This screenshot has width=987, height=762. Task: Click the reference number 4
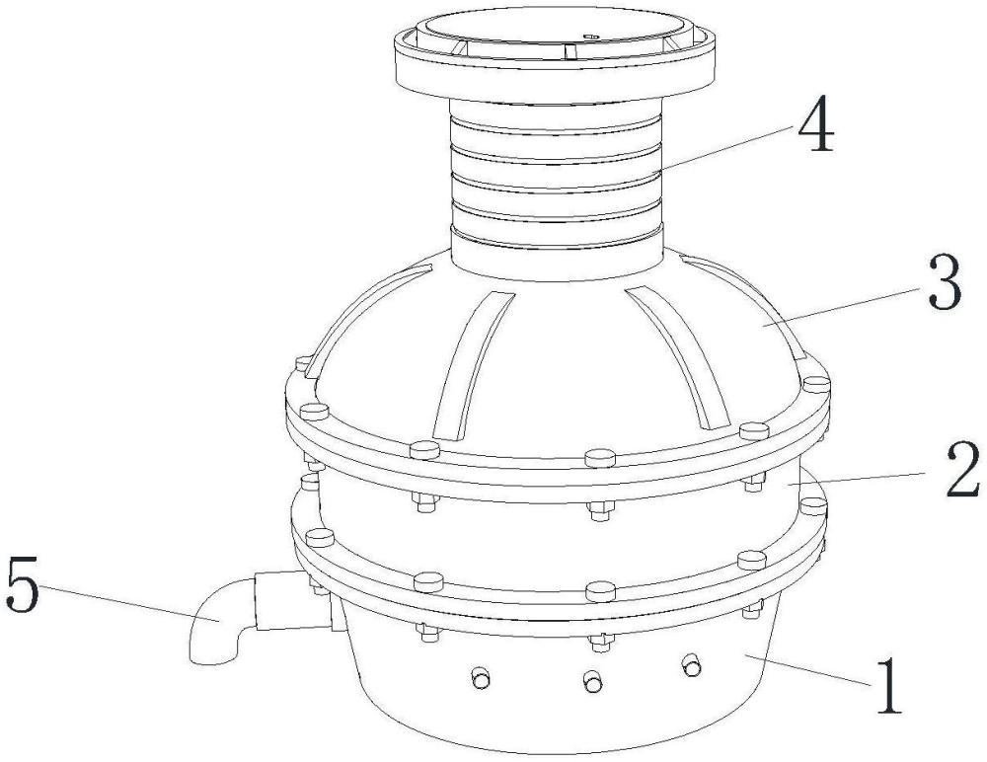tap(816, 130)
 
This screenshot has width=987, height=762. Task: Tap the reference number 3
tap(946, 285)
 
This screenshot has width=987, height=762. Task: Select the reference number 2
tap(963, 469)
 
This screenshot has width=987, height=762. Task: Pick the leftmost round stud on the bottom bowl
tap(481, 678)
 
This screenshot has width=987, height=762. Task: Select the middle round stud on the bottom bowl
tap(593, 681)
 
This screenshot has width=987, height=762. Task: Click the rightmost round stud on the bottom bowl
tap(692, 665)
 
